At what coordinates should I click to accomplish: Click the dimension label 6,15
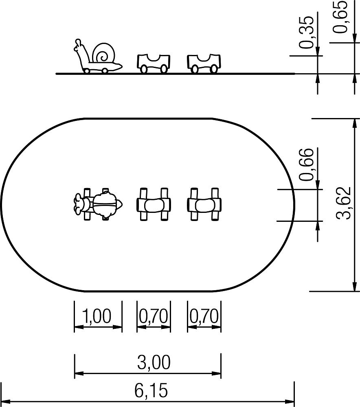pos(151,390)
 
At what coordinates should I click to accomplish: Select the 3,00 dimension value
pos(154,362)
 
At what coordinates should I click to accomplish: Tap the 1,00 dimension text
pos(97,316)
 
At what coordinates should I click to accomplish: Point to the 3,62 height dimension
pos(343,203)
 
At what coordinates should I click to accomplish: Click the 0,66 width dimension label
pos(306,164)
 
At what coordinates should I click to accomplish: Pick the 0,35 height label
pos(306,33)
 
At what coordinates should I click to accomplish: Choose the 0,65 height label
pos(340,17)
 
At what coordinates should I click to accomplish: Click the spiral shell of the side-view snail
pos(103,53)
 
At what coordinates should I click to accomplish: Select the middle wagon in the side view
pos(154,63)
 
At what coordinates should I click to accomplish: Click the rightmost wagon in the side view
pos(204,63)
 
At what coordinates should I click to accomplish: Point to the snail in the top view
pos(98,204)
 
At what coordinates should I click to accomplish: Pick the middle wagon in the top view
pos(154,204)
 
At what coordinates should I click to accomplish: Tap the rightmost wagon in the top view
pos(204,204)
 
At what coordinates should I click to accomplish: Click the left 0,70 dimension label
pos(154,316)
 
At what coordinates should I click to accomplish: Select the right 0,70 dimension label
pos(204,316)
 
